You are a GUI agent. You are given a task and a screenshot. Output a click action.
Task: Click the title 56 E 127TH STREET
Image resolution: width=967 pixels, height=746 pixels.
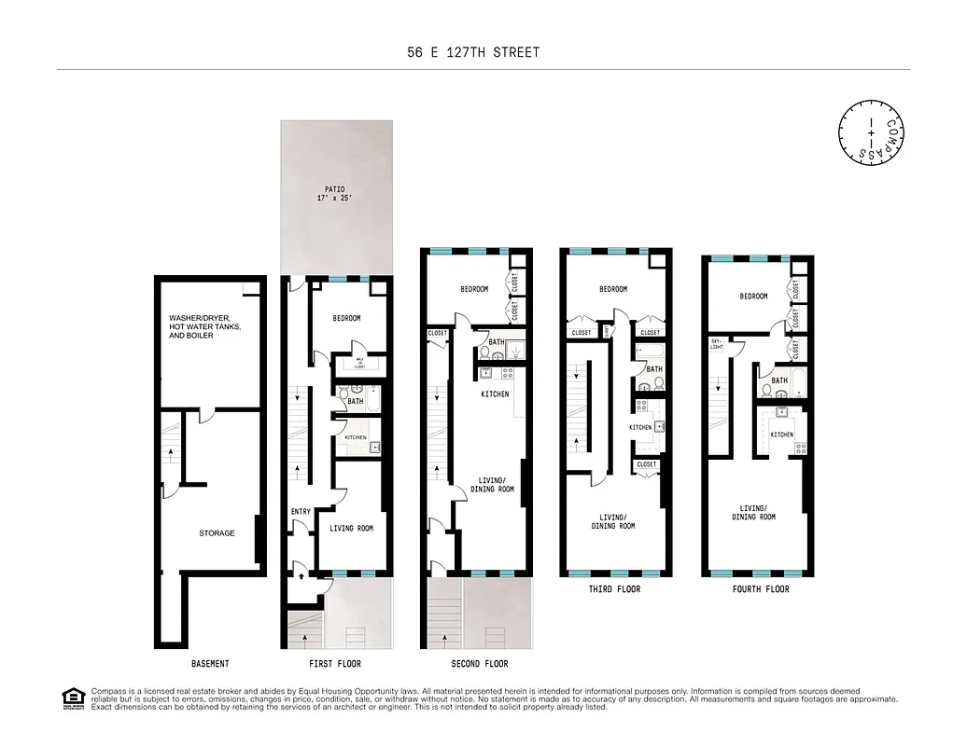(473, 52)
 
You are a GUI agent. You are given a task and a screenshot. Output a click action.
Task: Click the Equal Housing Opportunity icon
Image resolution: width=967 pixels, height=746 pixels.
(73, 698)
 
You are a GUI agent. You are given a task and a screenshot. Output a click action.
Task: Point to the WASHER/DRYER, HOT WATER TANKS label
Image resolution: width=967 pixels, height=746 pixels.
(205, 326)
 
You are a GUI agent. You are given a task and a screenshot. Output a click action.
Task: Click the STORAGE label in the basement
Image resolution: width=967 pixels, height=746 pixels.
(217, 533)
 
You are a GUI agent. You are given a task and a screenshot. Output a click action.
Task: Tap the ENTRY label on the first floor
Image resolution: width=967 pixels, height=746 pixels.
(301, 511)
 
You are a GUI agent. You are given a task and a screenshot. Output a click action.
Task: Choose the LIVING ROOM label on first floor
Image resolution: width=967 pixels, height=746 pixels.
(351, 529)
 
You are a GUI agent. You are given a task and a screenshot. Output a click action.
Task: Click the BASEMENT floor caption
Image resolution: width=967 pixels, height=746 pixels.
(210, 664)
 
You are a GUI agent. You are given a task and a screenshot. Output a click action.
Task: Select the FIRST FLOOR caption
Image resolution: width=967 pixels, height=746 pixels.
(335, 664)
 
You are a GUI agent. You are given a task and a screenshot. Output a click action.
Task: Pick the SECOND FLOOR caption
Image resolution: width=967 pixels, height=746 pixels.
(479, 664)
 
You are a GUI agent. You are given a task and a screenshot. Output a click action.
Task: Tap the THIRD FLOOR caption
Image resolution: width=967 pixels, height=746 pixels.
(614, 589)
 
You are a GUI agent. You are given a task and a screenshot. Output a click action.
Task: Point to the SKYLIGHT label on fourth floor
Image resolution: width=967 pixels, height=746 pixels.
(718, 346)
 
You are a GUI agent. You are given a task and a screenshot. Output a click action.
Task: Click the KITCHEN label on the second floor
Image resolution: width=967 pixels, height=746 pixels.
(495, 394)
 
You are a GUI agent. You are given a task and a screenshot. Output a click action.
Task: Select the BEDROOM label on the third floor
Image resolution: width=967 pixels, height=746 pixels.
(613, 289)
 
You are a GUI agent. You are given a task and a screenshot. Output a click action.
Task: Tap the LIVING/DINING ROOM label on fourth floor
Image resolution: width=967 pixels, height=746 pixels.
(755, 512)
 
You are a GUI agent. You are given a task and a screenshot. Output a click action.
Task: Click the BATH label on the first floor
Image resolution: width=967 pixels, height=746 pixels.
(356, 401)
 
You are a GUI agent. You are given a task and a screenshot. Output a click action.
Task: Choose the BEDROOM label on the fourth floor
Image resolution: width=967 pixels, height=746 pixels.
(753, 297)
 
